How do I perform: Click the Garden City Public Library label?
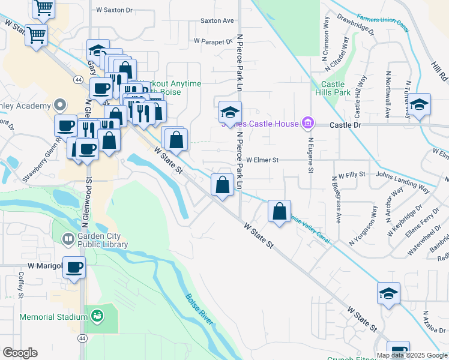click(102, 240)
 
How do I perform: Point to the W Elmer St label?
click(262, 160)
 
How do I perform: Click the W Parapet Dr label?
click(212, 41)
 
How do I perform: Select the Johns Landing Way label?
click(403, 175)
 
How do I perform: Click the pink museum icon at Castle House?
click(308, 124)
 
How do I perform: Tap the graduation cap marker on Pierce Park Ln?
click(229, 112)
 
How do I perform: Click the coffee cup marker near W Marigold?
click(74, 268)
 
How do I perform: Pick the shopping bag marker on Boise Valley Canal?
click(279, 211)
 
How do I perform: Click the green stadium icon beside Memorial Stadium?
click(96, 314)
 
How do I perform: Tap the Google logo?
click(20, 353)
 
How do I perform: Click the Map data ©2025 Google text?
click(412, 355)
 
